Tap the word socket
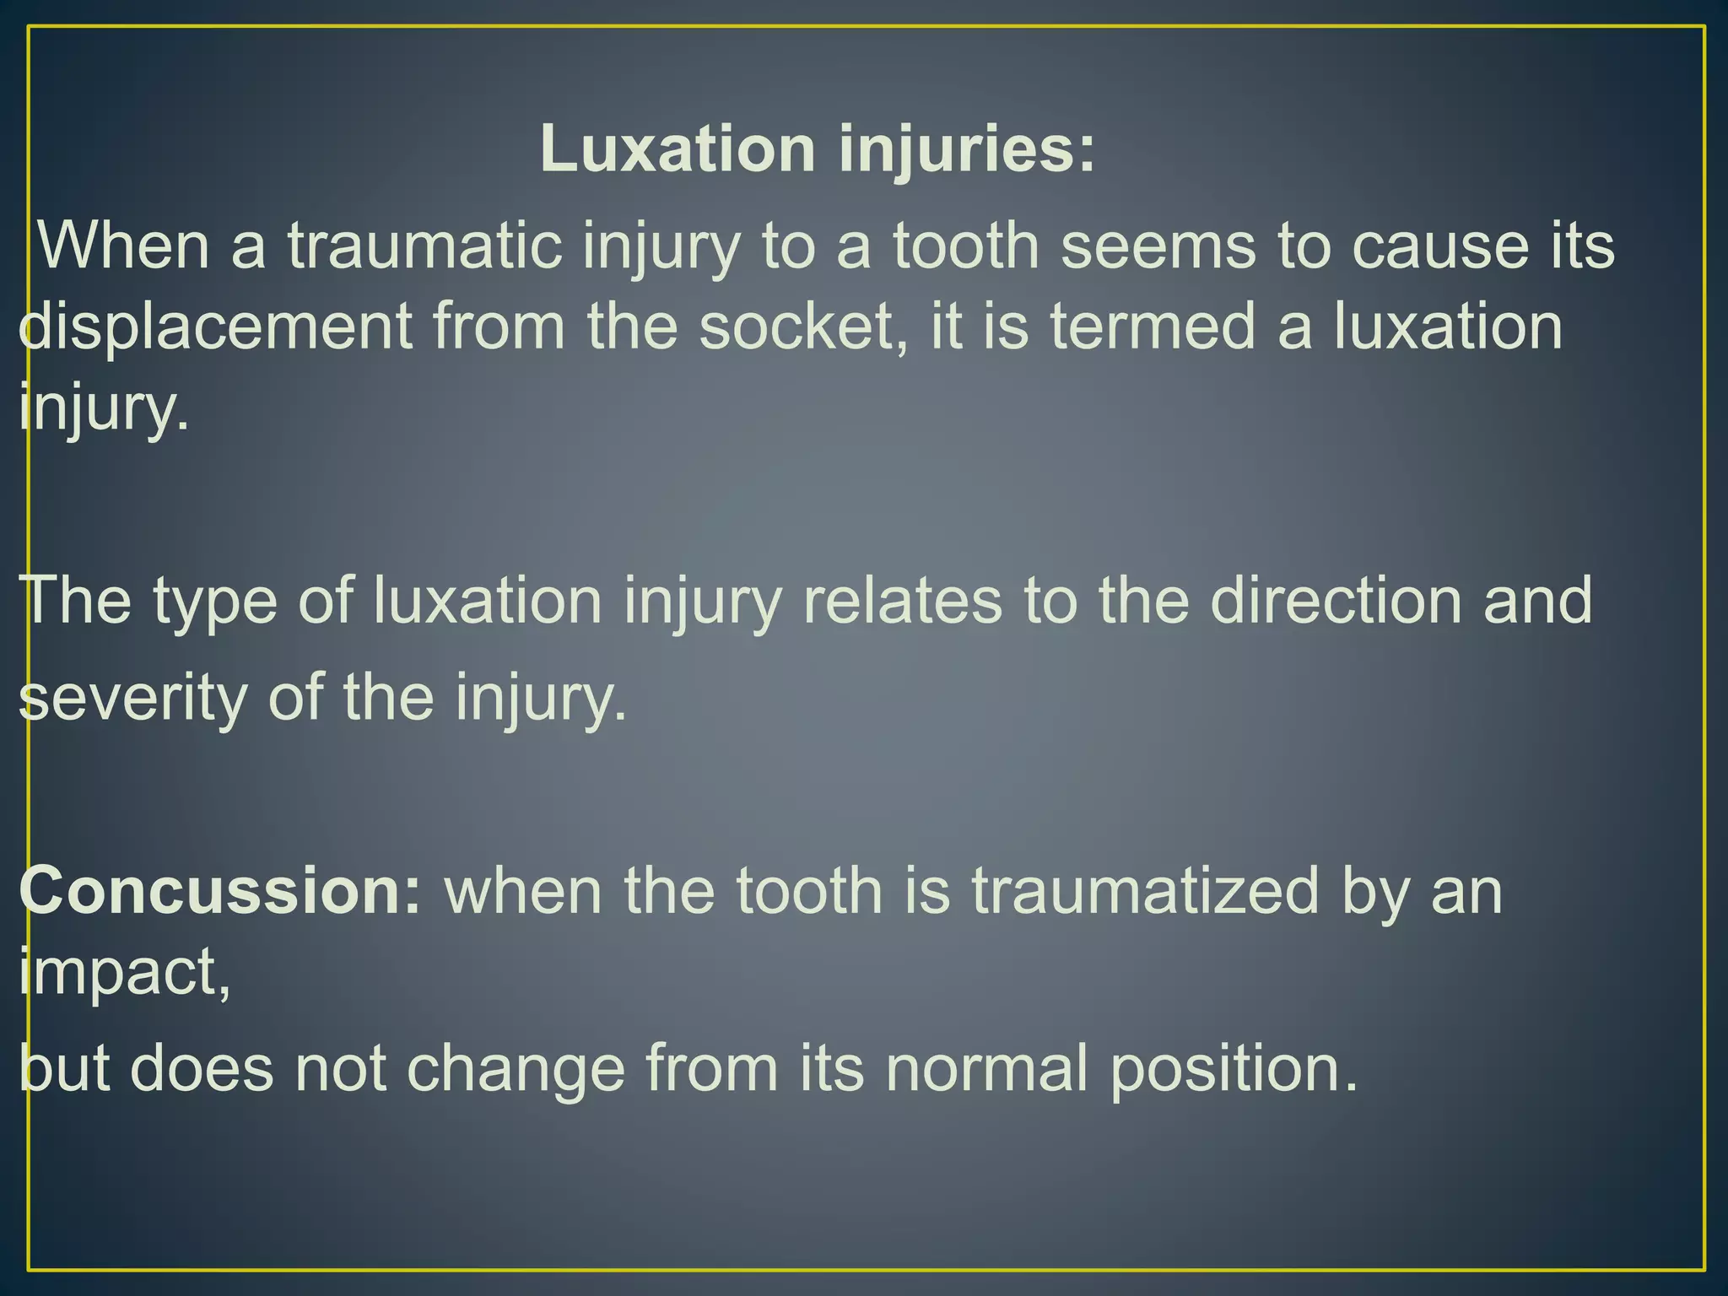pyautogui.click(x=806, y=327)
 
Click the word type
pyautogui.click(x=215, y=601)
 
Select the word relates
pyautogui.click(x=902, y=601)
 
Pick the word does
pyautogui.click(x=202, y=1068)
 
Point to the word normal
pyautogui.click(x=986, y=1068)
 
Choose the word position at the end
pyautogui.click(x=1232, y=1068)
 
